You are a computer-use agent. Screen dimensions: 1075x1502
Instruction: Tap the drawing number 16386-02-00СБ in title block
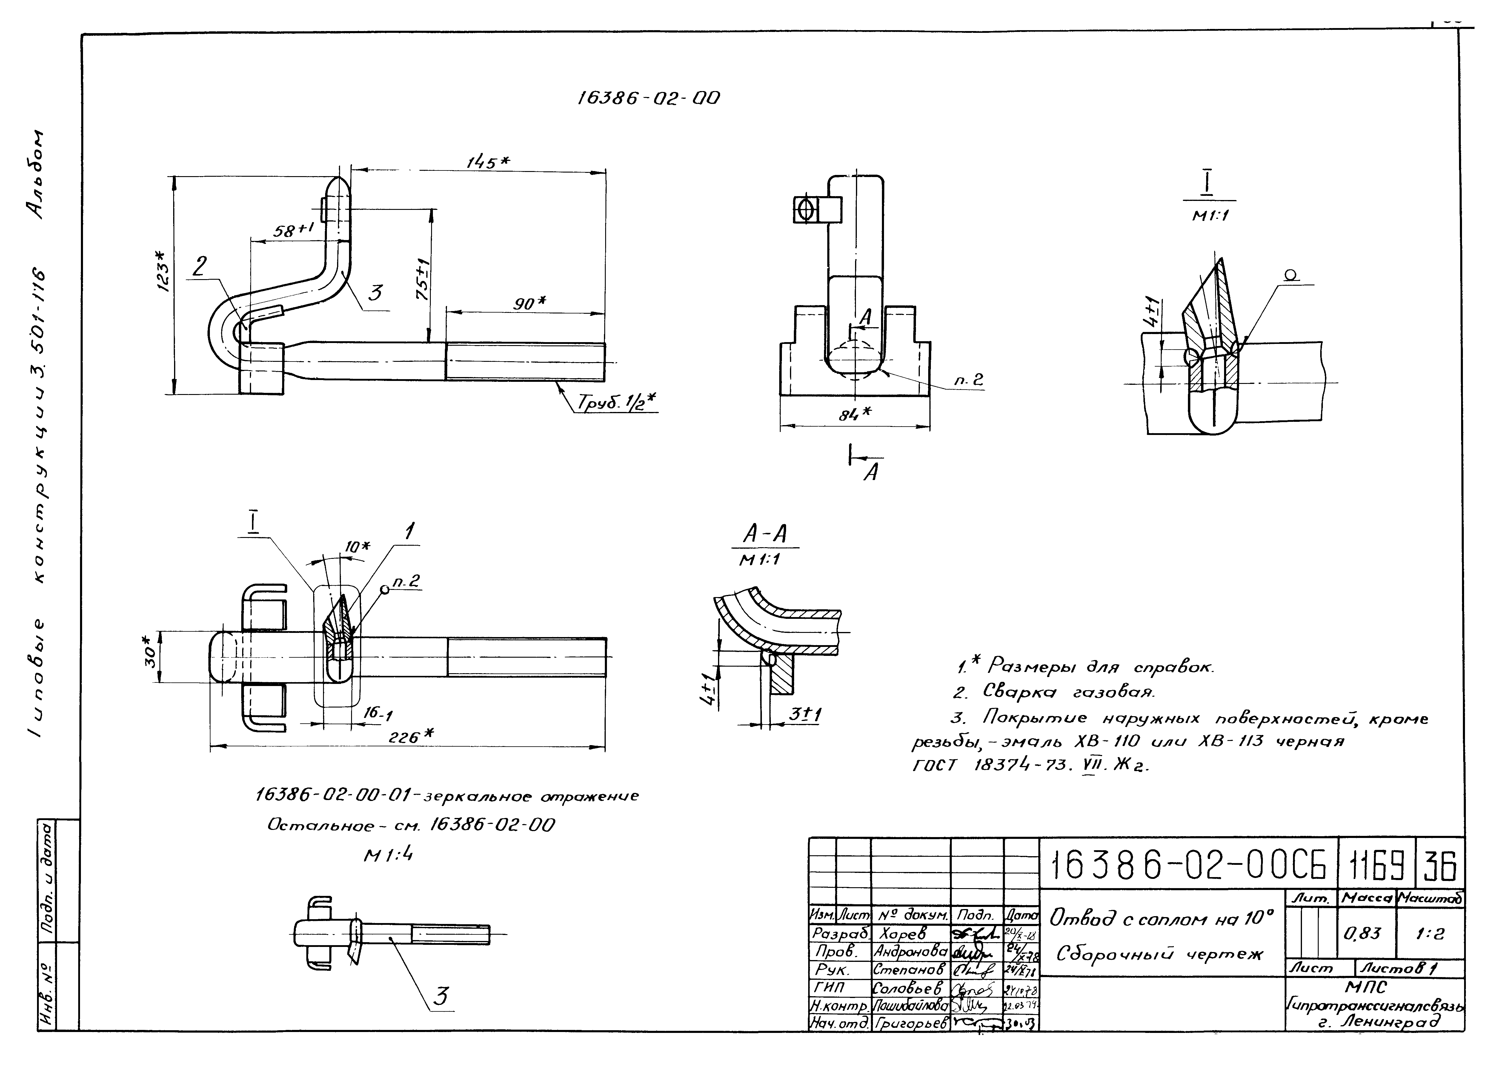(1188, 865)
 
